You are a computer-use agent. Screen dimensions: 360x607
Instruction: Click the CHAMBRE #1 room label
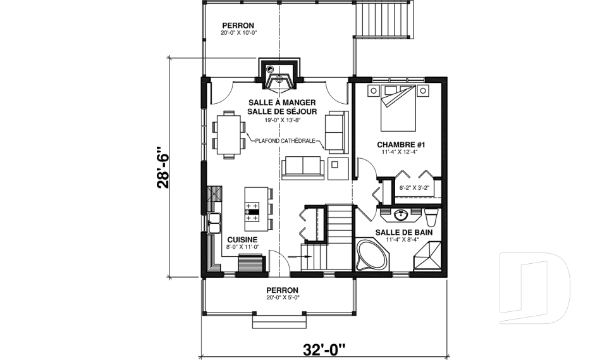point(400,144)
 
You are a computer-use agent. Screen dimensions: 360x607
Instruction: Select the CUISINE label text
point(242,239)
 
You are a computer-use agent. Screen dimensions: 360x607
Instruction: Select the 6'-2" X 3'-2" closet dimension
point(415,188)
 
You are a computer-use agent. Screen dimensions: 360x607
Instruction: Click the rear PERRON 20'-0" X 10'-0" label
point(238,29)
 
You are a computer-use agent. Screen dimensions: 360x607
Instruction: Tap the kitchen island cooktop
point(252,211)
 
